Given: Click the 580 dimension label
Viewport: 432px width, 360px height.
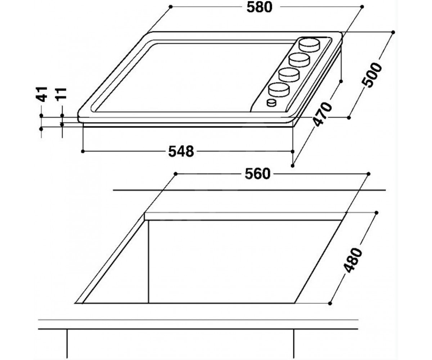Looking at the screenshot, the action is coord(260,8).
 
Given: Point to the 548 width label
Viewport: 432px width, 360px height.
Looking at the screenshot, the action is coord(181,152).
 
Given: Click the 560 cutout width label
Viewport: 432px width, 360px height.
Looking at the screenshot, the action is coord(257,174).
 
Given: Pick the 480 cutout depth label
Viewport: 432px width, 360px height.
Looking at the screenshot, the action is coord(353,260).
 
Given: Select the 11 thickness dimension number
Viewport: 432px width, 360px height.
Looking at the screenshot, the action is coord(62,95).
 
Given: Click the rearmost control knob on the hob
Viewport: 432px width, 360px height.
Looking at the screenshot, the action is coord(309,45).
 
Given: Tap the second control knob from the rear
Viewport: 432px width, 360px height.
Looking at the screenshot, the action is coord(300,60).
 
